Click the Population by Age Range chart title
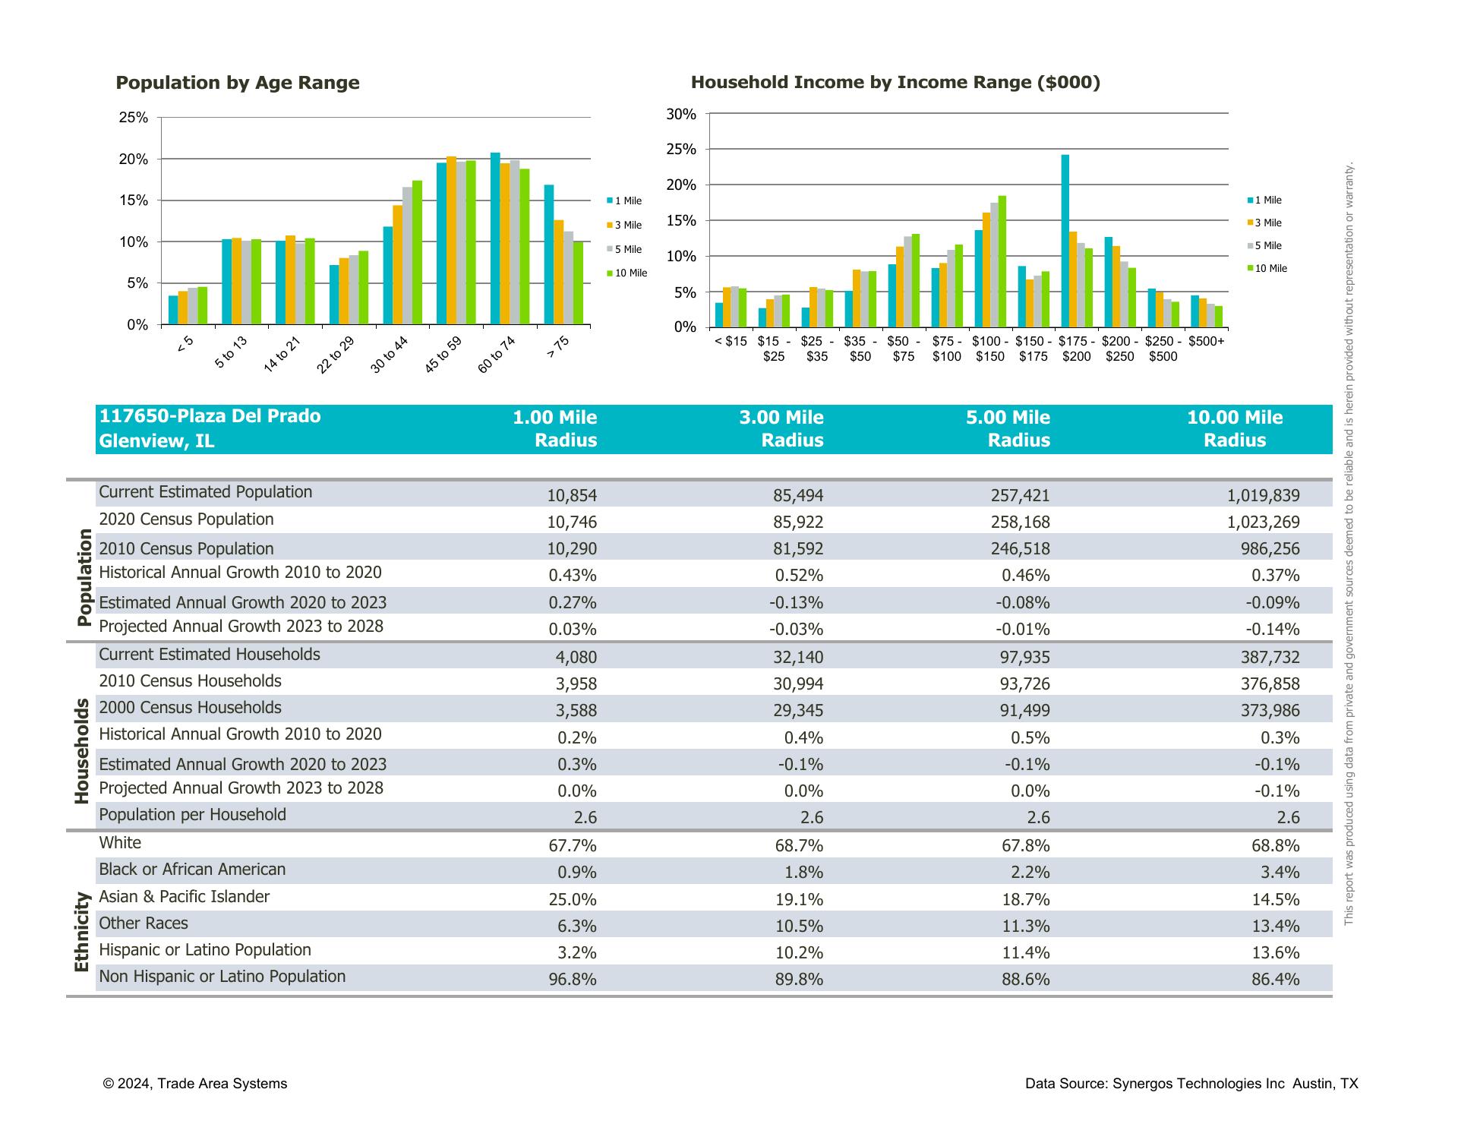tap(237, 83)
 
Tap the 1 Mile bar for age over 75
tap(549, 254)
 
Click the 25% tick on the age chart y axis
tap(134, 118)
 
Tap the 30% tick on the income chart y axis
tap(681, 115)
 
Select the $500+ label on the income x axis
tap(1206, 342)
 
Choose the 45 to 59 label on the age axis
tap(443, 354)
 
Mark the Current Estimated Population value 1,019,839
tap(1263, 496)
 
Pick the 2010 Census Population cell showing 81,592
tap(798, 549)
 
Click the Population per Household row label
tap(192, 815)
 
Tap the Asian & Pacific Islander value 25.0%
tap(573, 900)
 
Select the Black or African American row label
tap(192, 870)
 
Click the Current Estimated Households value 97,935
tap(1024, 658)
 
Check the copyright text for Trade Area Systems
tap(195, 1084)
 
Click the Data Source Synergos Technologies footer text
tap(1191, 1084)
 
